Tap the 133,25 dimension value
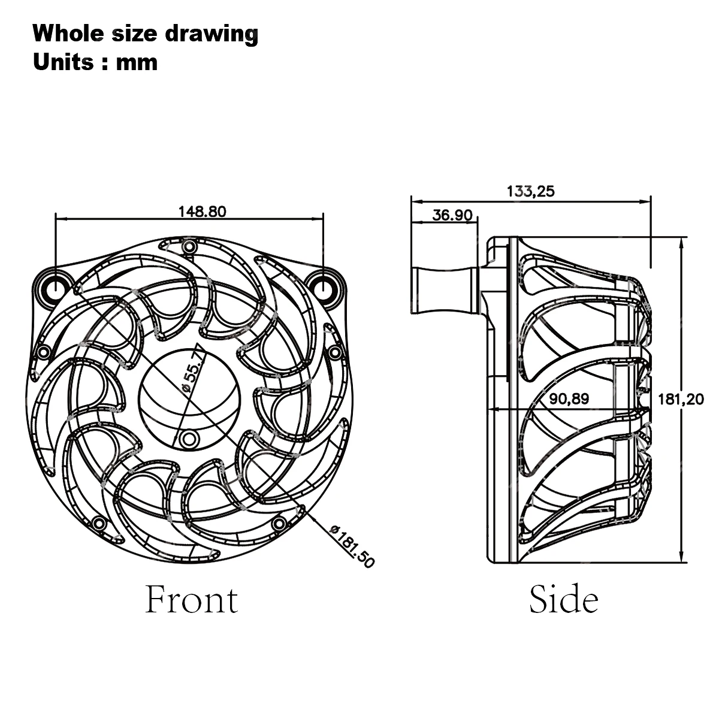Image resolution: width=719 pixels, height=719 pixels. click(531, 191)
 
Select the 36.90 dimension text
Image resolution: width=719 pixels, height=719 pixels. click(452, 215)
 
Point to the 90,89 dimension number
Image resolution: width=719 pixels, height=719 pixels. click(569, 398)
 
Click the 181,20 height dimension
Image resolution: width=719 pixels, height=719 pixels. click(681, 398)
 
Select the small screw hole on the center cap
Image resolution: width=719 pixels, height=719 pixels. click(189, 439)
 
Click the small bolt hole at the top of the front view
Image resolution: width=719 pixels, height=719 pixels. click(189, 247)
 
